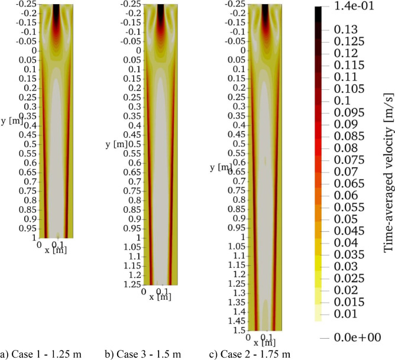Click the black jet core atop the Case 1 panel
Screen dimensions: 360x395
point(56,13)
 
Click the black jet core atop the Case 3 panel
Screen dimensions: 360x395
point(161,13)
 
